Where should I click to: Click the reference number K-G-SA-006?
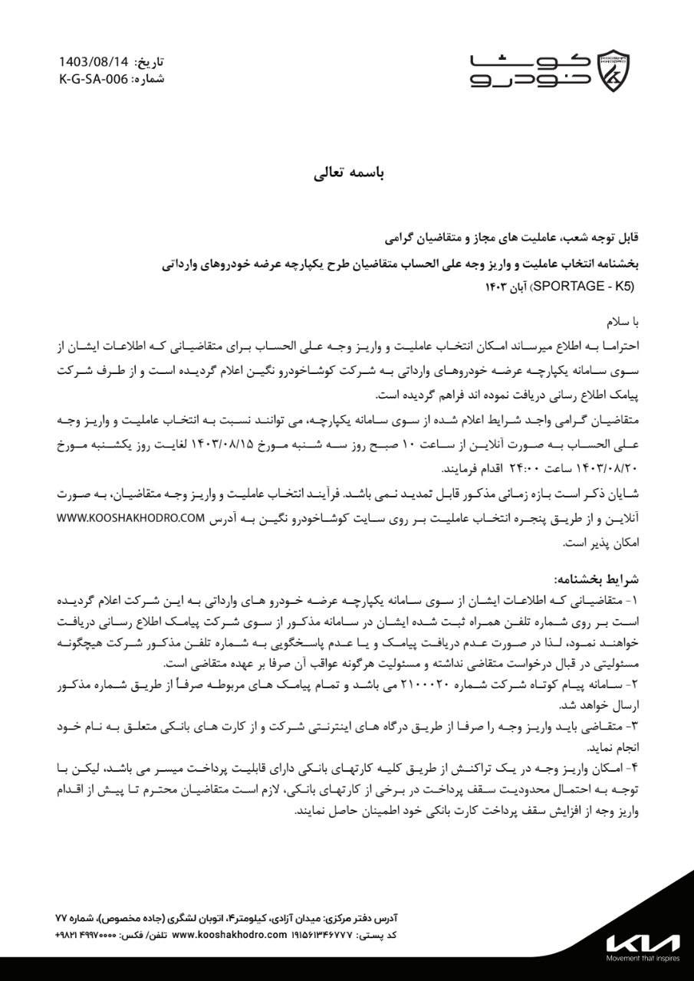[x=93, y=78]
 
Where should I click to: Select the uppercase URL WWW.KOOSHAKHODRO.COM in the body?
[x=131, y=518]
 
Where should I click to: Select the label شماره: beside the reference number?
[x=147, y=78]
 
